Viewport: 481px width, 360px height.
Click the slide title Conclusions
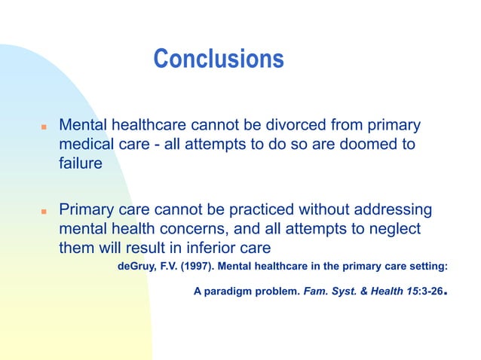pyautogui.click(x=219, y=59)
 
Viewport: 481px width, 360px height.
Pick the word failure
pyautogui.click(x=81, y=163)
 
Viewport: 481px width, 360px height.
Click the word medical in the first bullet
pyautogui.click(x=87, y=143)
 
